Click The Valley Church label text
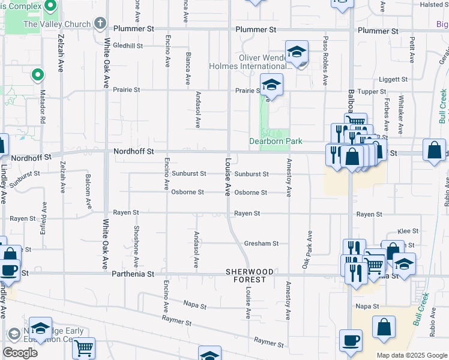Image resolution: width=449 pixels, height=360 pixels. tap(57, 25)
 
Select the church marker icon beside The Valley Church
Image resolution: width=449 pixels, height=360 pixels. tap(100, 25)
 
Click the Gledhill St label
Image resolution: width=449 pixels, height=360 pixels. tap(127, 46)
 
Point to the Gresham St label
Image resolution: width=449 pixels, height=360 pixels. tap(261, 244)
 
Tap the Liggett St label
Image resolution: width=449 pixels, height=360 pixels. tap(393, 79)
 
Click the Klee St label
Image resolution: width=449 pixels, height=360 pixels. tap(408, 230)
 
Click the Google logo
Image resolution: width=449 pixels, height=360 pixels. tap(20, 352)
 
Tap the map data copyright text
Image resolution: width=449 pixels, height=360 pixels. tap(412, 355)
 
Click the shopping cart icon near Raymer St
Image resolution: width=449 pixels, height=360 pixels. tap(85, 348)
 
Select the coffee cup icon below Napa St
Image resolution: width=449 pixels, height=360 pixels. tap(351, 340)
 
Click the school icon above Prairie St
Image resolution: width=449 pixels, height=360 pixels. tap(271, 85)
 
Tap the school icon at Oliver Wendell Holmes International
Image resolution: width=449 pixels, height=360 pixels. tap(297, 52)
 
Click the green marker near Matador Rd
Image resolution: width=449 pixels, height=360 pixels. tap(38, 75)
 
